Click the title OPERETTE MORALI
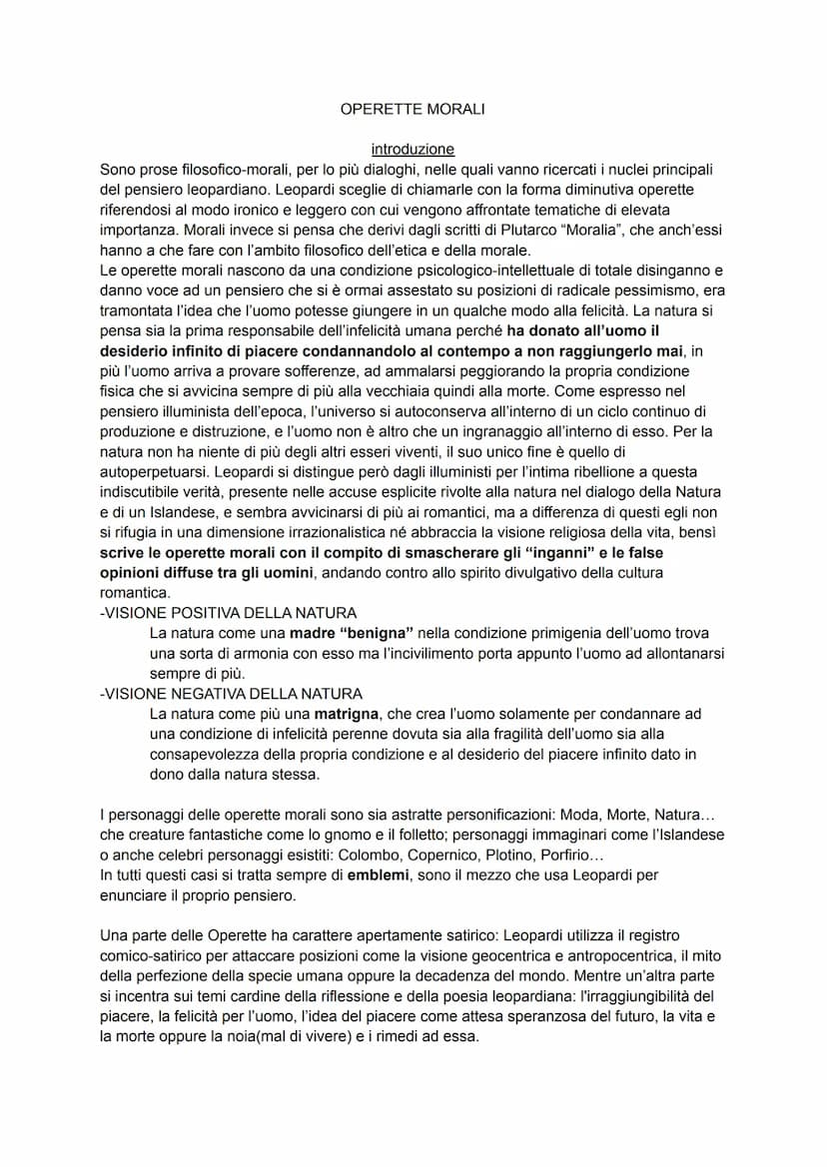pos(413,109)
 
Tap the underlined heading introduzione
pos(413,149)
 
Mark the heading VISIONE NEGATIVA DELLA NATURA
pos(232,693)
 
